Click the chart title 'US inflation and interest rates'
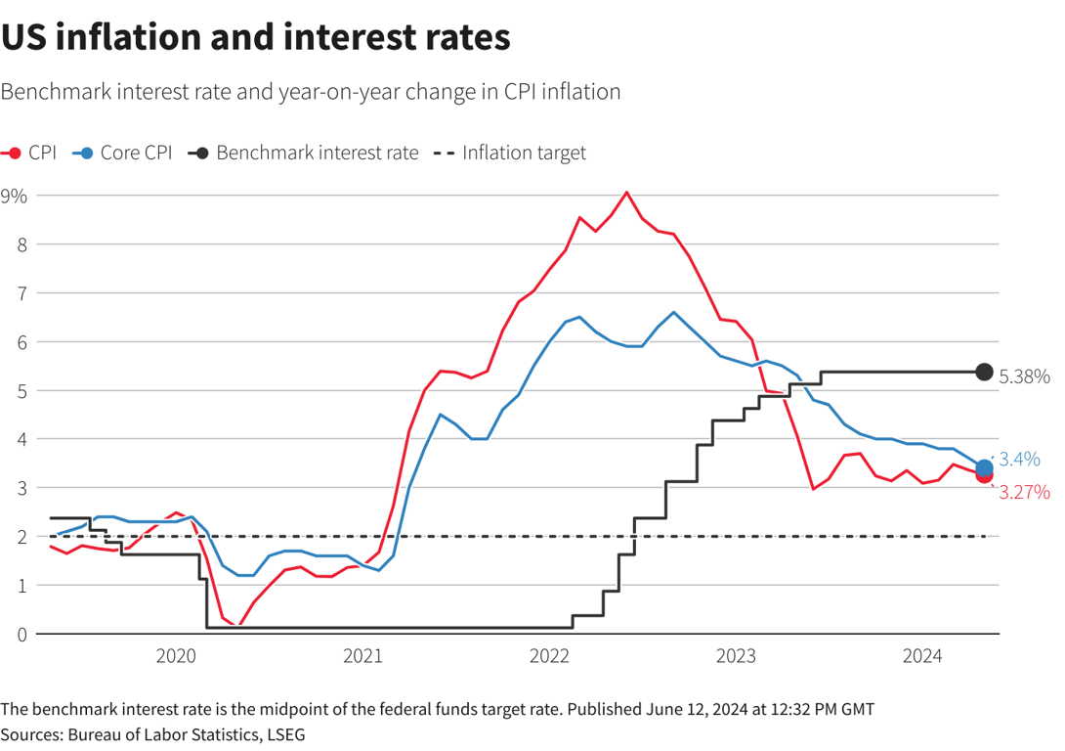pos(256,37)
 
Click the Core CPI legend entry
pos(124,153)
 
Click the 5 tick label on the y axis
pos(21,390)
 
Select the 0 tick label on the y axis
pos(21,634)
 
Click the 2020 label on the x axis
pos(176,656)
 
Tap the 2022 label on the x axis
pos(549,656)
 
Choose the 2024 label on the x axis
pos(922,656)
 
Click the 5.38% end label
pos(1024,375)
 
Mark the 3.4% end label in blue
pos(1019,458)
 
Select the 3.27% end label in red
pos(1024,492)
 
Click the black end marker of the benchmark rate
pos(984,372)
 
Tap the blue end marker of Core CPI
pos(984,468)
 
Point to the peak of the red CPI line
pos(627,192)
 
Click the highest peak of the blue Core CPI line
pos(674,312)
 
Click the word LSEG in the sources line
pos(295,732)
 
